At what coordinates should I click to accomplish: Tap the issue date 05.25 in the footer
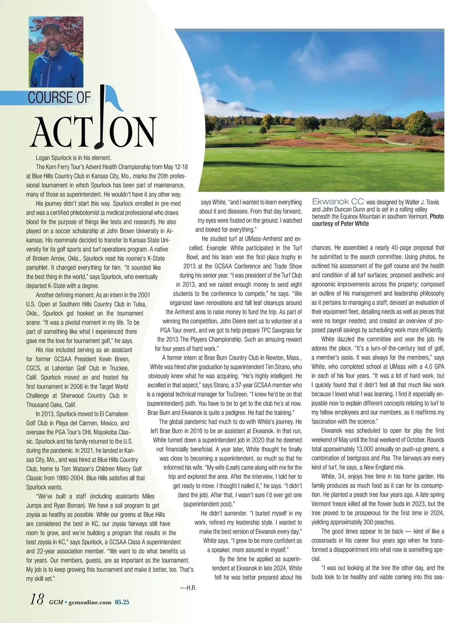click(122, 602)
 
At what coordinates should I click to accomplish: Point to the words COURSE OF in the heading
click(59, 98)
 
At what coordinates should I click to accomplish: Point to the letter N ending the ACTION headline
click(142, 132)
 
